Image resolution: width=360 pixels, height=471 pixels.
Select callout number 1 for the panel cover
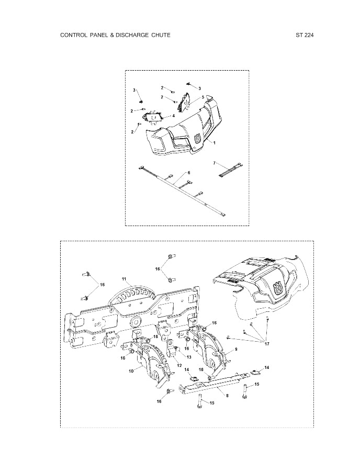[214, 143]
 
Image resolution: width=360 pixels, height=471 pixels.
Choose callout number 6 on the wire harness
[188, 172]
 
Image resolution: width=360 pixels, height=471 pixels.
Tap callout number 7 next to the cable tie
[214, 163]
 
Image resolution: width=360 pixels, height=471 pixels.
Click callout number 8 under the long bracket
[227, 396]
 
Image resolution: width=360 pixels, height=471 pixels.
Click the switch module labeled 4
[155, 116]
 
